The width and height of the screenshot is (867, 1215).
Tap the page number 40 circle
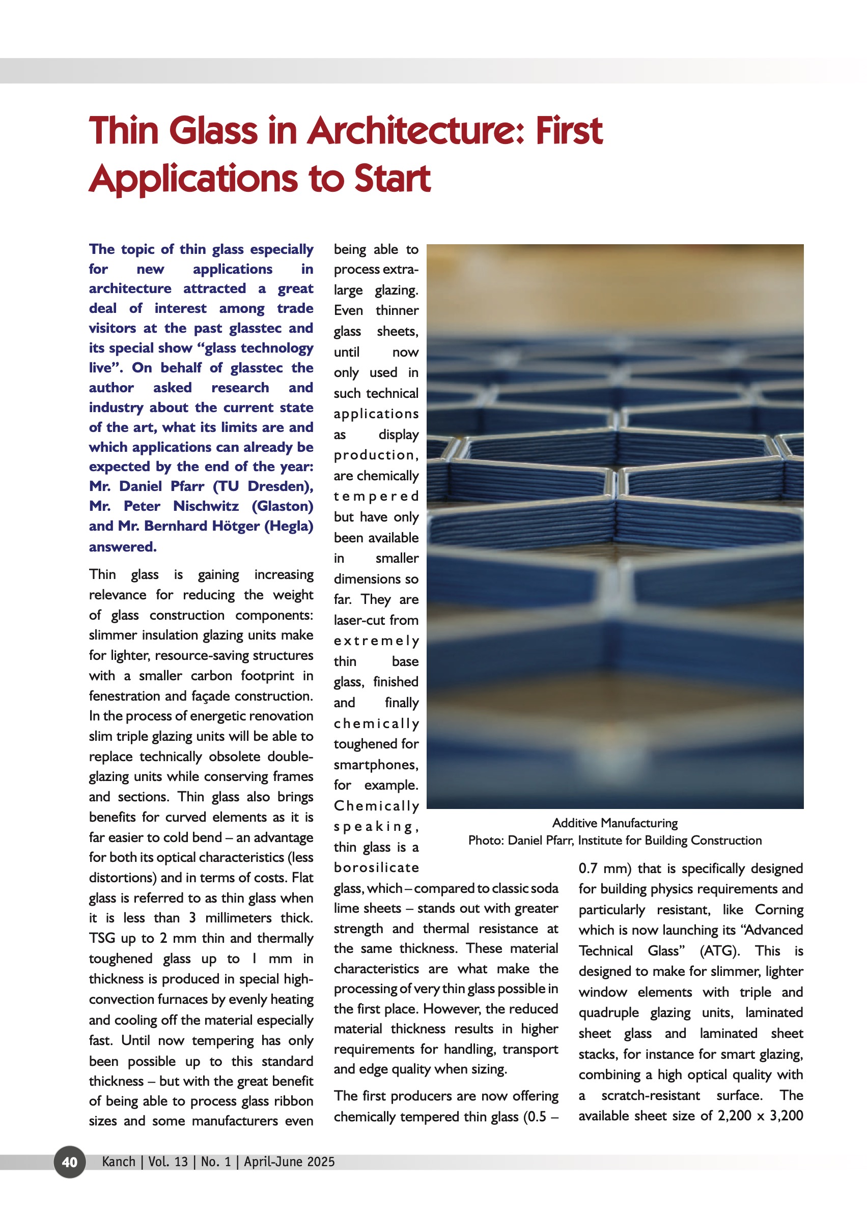69,1162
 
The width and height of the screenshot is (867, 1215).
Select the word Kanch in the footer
119,1162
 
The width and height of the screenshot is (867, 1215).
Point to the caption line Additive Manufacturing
614,823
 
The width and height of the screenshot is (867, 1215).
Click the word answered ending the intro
122,546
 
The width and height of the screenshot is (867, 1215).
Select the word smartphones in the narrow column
376,765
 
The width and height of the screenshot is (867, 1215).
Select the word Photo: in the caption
485,841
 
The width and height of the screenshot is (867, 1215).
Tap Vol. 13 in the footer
167,1162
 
